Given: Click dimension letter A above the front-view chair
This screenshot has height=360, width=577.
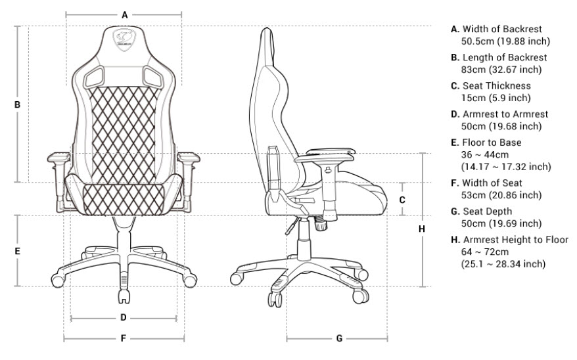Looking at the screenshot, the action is pos(125,15).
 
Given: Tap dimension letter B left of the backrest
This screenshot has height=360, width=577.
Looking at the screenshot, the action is pos(17,105).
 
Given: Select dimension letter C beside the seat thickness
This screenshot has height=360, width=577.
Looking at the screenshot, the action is pos(402,200).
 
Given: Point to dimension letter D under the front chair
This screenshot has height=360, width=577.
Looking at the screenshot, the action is pos(124,317).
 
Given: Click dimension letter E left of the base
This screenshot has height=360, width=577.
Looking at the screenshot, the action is pos(17,251).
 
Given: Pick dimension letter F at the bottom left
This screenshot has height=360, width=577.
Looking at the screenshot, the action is pos(124,338).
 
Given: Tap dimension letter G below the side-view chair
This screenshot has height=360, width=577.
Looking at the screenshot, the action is pos(339,338).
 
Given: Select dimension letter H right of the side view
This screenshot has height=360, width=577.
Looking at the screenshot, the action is pos(422,229).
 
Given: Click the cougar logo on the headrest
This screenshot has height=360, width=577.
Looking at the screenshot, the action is pos(124,38).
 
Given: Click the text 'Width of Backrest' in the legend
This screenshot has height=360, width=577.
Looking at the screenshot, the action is pos(502,29).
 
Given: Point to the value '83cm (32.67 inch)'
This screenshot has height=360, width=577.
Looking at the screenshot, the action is pos(501,69).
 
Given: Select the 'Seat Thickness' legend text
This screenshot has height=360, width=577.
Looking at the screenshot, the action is pos(496,85).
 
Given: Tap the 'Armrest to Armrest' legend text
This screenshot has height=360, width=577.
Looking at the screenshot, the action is pos(505,114).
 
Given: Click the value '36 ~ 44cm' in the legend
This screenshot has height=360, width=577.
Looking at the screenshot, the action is pos(484,154).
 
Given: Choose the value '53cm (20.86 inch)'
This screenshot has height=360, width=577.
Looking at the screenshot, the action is pos(501,195).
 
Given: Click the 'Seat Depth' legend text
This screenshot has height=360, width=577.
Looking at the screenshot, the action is pos(487,212).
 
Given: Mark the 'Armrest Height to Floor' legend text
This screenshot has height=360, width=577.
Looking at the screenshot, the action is pos(515,240).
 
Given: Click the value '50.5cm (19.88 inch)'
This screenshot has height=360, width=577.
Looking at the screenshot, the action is pos(505,41).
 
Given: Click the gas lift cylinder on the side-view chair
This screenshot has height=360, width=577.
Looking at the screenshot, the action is pos(304,239).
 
